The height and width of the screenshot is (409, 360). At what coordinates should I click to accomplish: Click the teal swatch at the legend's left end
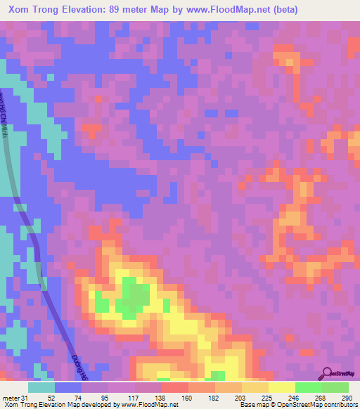coord(41,387)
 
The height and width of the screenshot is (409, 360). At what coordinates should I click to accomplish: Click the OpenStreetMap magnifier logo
coord(328,374)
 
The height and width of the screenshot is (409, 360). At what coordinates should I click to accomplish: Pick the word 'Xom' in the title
coord(20,10)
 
